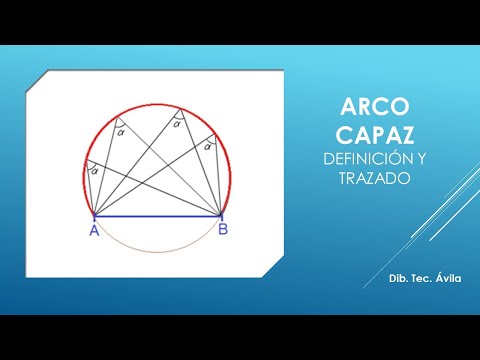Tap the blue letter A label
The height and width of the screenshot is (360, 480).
tap(93, 230)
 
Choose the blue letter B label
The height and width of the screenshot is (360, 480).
tap(222, 230)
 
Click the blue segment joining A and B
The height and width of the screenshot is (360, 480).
tap(157, 216)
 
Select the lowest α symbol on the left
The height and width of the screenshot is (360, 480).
tap(95, 170)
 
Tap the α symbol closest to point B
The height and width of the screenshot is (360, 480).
tap(207, 146)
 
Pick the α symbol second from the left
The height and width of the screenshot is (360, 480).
tap(121, 130)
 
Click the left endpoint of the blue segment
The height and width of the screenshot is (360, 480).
tap(93, 216)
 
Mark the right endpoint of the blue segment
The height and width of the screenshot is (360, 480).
tap(221, 216)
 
